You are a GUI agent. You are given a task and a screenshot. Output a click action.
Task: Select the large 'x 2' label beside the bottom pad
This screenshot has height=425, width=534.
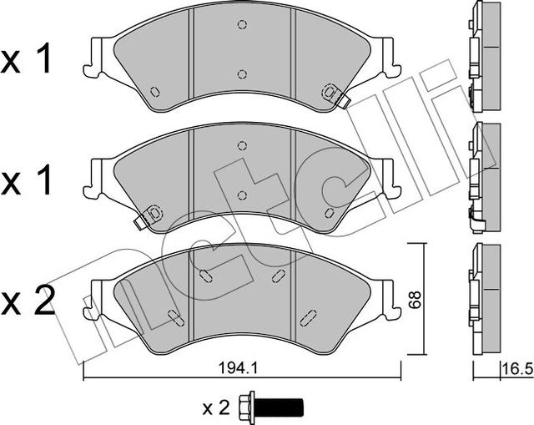30,298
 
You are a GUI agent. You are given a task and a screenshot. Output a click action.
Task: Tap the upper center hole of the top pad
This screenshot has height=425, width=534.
242,25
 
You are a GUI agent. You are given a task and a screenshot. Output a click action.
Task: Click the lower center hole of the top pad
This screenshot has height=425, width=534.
242,74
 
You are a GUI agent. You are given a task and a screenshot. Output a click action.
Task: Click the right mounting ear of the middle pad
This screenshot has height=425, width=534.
387,180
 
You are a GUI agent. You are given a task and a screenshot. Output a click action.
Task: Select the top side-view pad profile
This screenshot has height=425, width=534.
483,57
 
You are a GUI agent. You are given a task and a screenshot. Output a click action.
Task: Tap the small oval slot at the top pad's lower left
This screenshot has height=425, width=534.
154,91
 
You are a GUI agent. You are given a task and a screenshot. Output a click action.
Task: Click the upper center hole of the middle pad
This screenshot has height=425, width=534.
242,145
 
